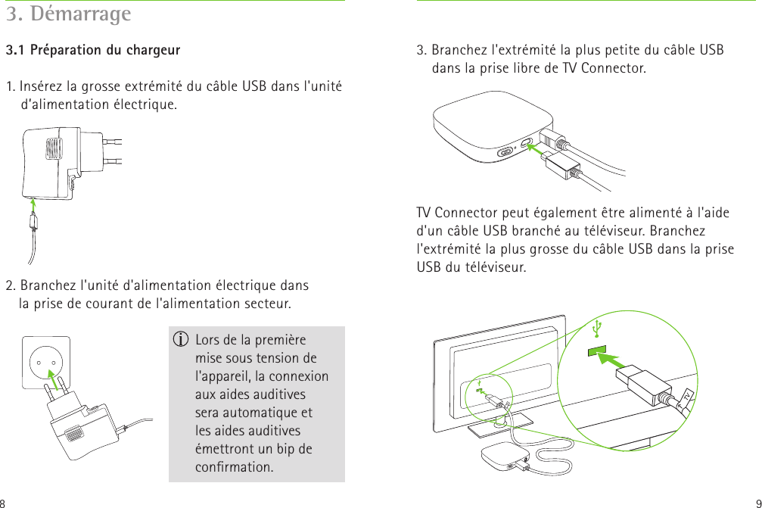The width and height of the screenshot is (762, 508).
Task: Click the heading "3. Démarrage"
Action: coord(69,14)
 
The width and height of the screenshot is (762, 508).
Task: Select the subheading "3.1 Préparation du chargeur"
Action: coord(93,51)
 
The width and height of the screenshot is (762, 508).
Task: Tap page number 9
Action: coord(757,502)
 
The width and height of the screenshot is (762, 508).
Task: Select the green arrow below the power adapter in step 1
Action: coord(33,204)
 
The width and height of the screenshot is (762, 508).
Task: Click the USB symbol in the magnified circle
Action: coord(598,328)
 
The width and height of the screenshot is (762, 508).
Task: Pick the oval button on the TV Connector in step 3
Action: coord(505,151)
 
